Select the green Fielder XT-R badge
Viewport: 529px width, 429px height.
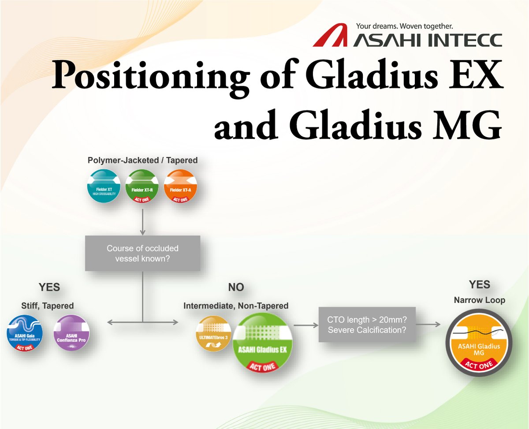[142, 188]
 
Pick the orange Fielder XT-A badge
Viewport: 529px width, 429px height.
[180, 188]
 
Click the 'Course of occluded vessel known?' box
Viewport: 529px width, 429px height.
[142, 254]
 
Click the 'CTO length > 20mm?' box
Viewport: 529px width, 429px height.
[367, 325]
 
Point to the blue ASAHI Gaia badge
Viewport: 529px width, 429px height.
[25, 332]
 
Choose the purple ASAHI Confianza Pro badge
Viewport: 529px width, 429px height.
[71, 332]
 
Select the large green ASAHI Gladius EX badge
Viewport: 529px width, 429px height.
[263, 345]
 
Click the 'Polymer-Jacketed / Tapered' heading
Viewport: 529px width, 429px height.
[142, 161]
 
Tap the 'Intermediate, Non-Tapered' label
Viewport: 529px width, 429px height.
[236, 306]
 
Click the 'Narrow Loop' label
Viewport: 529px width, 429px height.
[480, 301]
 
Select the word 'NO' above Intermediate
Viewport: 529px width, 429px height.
[236, 288]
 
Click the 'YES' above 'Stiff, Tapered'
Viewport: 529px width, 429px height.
[49, 288]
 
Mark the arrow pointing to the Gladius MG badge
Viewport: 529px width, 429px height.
[428, 325]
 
